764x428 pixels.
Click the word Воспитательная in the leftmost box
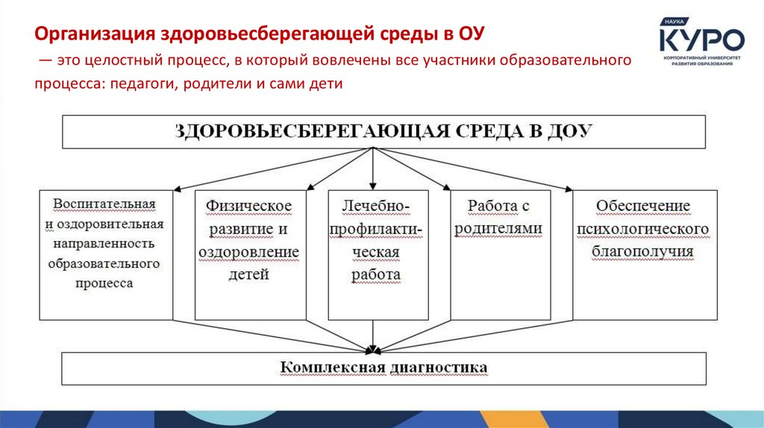click(x=104, y=204)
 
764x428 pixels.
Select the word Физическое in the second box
click(x=249, y=206)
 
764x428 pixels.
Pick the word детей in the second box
click(x=249, y=274)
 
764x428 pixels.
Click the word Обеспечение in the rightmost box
click(x=643, y=206)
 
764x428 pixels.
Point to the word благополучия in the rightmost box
click(x=643, y=251)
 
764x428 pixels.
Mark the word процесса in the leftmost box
click(x=104, y=283)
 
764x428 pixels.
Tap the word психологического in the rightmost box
click(x=643, y=229)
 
